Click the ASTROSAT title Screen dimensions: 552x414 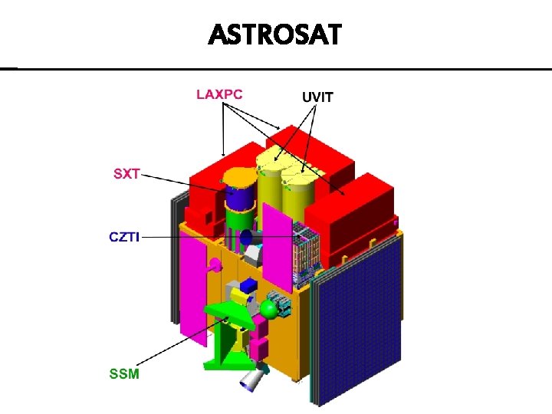[275, 34]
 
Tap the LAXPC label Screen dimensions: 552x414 [219, 94]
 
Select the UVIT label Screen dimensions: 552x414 [317, 97]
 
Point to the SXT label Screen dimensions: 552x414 [127, 173]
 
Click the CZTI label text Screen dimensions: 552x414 [123, 237]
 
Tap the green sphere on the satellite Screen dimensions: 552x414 [269, 309]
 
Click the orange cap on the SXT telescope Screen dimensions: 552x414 [239, 178]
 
